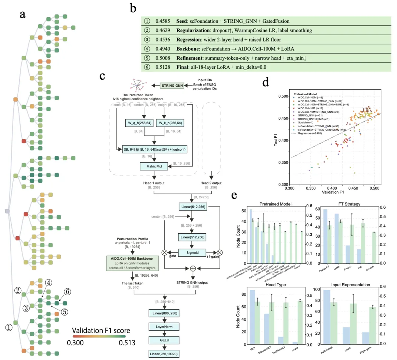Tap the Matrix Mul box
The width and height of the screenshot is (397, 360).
(x=154, y=166)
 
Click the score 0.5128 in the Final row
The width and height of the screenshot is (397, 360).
(x=161, y=67)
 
